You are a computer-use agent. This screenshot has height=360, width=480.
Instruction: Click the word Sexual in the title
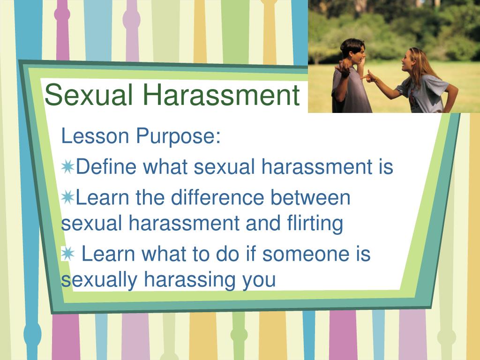tap(89, 95)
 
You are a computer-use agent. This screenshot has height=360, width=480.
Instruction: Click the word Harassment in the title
tap(221, 95)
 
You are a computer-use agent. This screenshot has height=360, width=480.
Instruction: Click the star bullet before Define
tap(67, 167)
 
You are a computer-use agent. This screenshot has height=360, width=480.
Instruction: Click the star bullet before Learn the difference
tap(67, 197)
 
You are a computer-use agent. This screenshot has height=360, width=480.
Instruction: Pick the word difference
tap(217, 197)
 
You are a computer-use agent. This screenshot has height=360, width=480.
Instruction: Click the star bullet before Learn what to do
tap(67, 254)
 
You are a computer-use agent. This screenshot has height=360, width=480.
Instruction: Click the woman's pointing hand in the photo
tap(368, 76)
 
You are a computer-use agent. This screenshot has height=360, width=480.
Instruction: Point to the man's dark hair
tap(352, 46)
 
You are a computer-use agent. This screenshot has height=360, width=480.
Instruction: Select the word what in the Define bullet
tap(165, 167)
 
